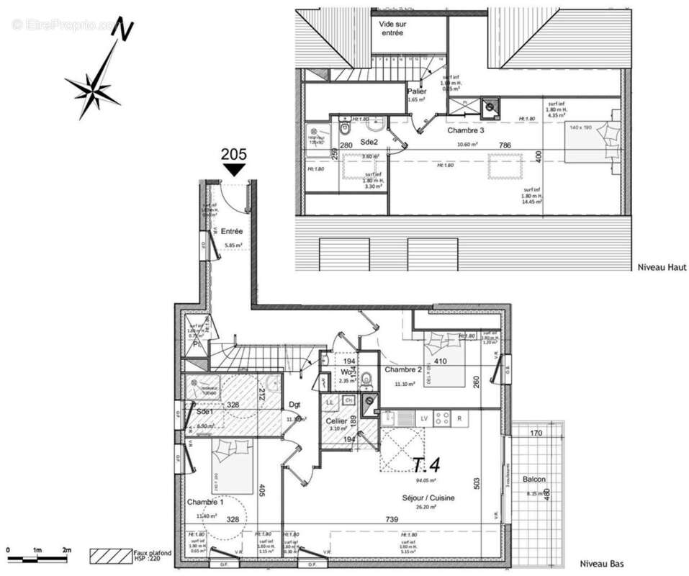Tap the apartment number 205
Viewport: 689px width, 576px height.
[234, 153]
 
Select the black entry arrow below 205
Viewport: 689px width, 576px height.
[234, 169]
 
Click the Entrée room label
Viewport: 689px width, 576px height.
[232, 231]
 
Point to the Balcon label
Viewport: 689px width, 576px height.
[533, 479]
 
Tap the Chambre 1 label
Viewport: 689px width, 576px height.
[205, 501]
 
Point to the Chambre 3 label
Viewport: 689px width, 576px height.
[466, 131]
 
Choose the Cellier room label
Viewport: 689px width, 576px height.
[336, 420]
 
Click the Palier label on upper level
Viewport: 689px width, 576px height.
[417, 91]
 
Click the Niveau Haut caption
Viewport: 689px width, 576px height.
[662, 267]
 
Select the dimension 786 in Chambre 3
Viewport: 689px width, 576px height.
[506, 145]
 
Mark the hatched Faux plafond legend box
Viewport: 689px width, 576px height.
[110, 556]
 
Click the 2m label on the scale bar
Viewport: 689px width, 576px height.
[66, 550]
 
